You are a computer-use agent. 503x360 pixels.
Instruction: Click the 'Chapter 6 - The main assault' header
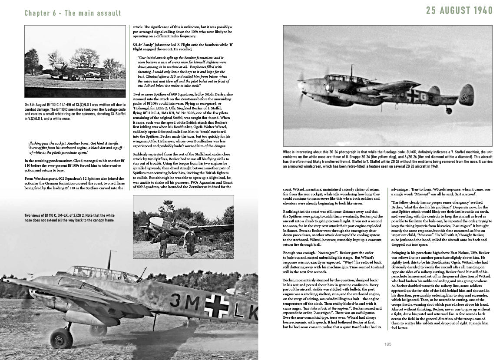click(x=73, y=13)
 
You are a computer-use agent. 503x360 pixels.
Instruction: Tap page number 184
click(x=129, y=344)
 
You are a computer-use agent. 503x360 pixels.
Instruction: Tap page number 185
click(x=388, y=344)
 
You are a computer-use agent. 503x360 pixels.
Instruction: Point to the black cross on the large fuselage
click(x=216, y=304)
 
